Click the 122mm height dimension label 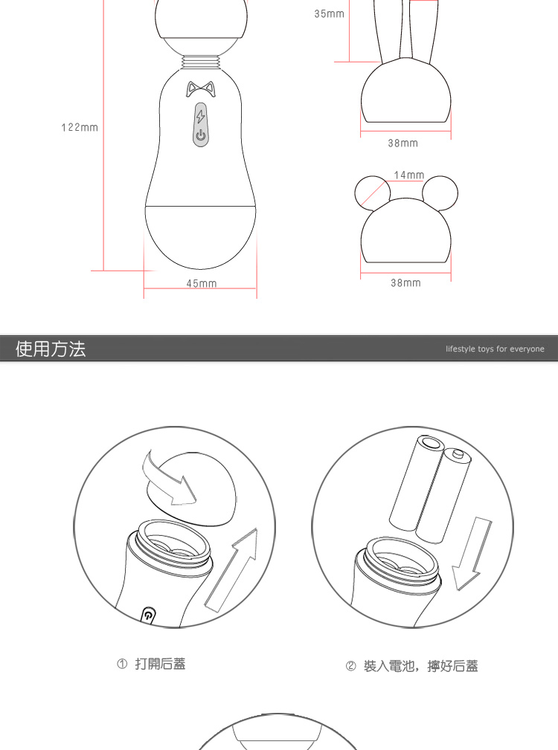click(x=80, y=127)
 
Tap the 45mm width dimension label click(x=202, y=284)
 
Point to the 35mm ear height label click(x=330, y=14)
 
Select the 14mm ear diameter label click(x=409, y=175)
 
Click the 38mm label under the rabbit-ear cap click(x=403, y=143)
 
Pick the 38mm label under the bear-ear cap click(x=405, y=282)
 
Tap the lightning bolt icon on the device click(x=201, y=116)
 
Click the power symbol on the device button click(x=201, y=135)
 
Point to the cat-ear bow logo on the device click(x=201, y=88)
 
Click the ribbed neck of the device click(x=201, y=61)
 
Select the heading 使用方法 click(x=51, y=349)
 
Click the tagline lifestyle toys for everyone click(x=495, y=349)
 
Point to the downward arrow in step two click(x=472, y=554)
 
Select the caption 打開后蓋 click(x=160, y=664)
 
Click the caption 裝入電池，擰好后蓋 click(x=420, y=666)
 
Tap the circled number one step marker click(x=122, y=664)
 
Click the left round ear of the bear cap click(x=372, y=193)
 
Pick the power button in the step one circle click(x=149, y=615)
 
